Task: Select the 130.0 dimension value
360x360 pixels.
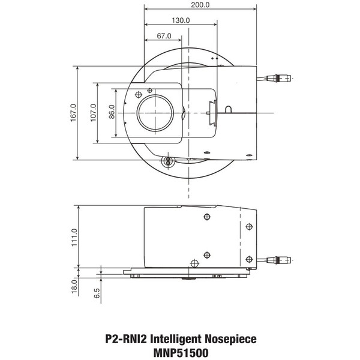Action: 181,20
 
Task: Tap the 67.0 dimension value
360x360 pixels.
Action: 164,36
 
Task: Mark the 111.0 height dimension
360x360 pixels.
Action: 74,236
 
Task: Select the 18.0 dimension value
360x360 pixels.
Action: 74,285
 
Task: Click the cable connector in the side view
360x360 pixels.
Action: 281,260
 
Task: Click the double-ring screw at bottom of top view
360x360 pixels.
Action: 167,160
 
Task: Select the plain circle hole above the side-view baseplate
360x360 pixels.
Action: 193,262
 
